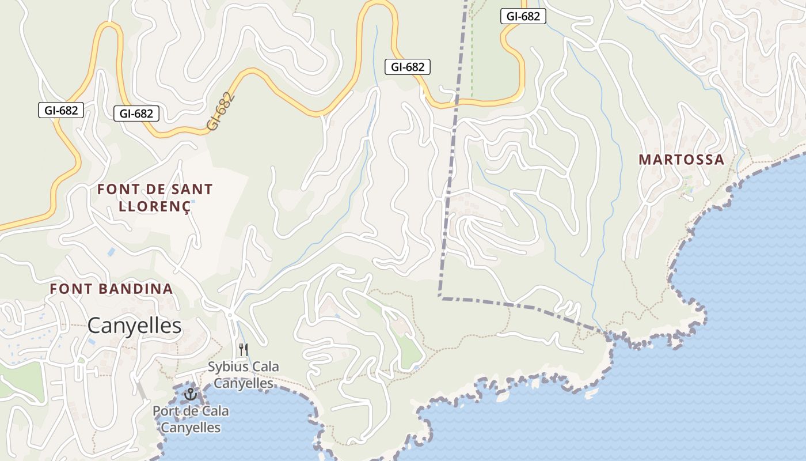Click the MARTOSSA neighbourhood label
coord(681,160)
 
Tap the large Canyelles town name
coord(135,326)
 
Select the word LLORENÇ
coord(154,207)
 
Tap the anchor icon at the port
coord(190,394)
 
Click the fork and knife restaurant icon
coord(244,349)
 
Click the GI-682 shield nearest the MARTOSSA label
coord(523,16)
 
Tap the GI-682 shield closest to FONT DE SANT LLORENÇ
coord(136,114)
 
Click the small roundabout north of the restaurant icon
coord(230,315)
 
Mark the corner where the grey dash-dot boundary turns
coord(440,297)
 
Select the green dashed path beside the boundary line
coord(472,58)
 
